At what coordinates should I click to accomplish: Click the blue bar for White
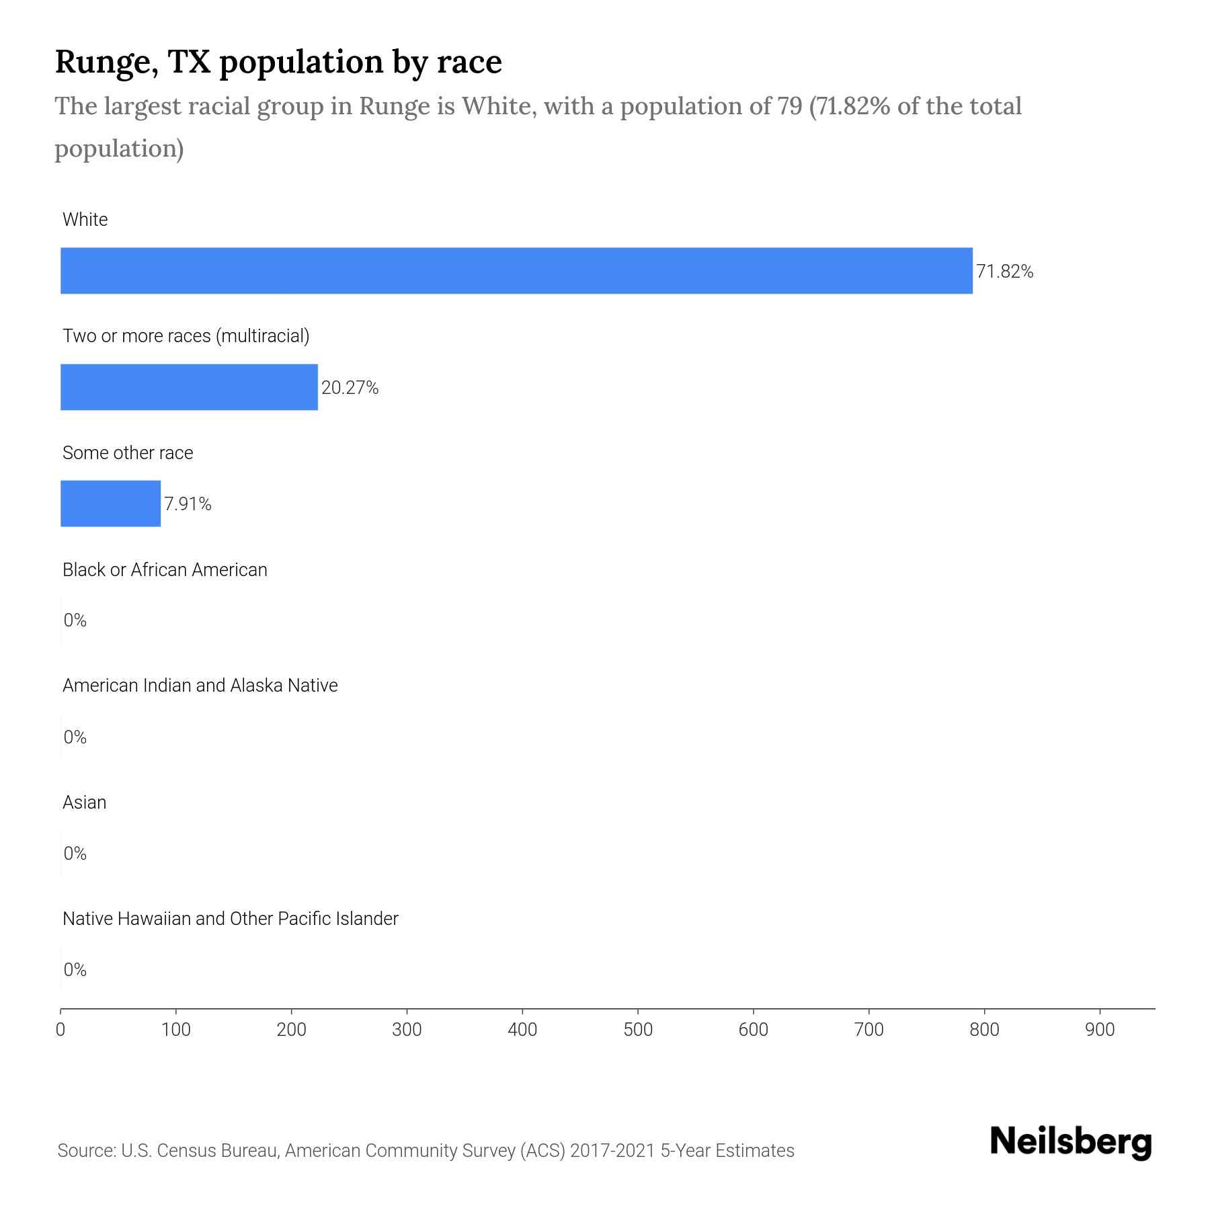pyautogui.click(x=516, y=271)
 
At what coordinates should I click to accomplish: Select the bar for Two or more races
pyautogui.click(x=189, y=387)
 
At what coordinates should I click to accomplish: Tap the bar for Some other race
pyautogui.click(x=110, y=503)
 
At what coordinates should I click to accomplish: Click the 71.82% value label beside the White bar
pyautogui.click(x=1004, y=272)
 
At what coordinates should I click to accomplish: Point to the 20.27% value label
pyautogui.click(x=350, y=388)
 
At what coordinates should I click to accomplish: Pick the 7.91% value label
pyautogui.click(x=188, y=504)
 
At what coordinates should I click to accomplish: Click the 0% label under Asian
pyautogui.click(x=75, y=854)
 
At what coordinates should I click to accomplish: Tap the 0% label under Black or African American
pyautogui.click(x=75, y=620)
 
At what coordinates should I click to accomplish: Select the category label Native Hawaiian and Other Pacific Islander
pyautogui.click(x=230, y=919)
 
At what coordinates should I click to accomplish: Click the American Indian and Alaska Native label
pyautogui.click(x=200, y=686)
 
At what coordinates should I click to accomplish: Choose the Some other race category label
pyautogui.click(x=128, y=453)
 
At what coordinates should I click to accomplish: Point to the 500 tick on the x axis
pyautogui.click(x=638, y=1029)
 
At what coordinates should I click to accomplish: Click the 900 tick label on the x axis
pyautogui.click(x=1100, y=1029)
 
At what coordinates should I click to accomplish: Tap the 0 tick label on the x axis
pyautogui.click(x=61, y=1029)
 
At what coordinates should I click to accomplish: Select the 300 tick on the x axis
pyautogui.click(x=407, y=1029)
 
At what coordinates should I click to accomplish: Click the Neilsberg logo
pyautogui.click(x=1071, y=1142)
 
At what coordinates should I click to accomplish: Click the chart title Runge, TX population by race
pyautogui.click(x=278, y=62)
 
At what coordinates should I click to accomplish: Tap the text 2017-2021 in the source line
pyautogui.click(x=612, y=1151)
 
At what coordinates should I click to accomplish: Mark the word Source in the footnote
pyautogui.click(x=85, y=1151)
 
